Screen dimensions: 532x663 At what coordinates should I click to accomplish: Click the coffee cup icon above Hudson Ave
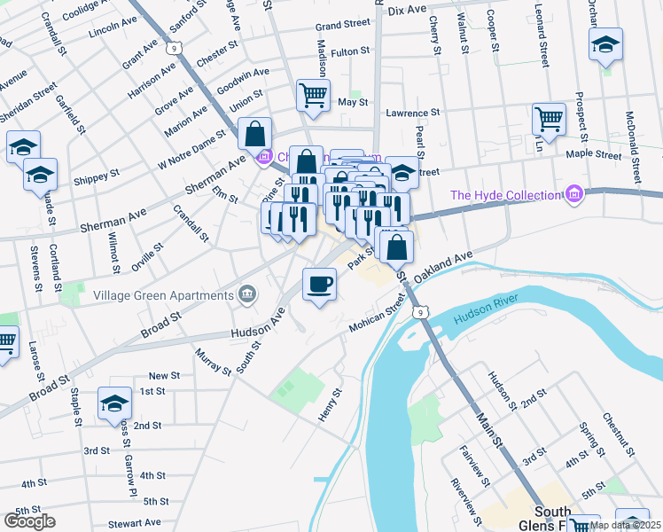[x=319, y=285]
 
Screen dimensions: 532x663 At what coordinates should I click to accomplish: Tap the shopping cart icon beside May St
[x=313, y=95]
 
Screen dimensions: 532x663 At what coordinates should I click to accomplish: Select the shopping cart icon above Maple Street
[x=549, y=119]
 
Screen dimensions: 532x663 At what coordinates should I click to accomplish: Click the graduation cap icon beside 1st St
[x=114, y=403]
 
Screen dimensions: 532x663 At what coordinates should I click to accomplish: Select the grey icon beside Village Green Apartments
[x=246, y=294]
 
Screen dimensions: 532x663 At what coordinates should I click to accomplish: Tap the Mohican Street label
[x=382, y=317]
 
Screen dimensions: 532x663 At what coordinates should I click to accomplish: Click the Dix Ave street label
[x=408, y=9]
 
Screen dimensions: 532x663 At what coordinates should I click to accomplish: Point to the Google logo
[x=29, y=521]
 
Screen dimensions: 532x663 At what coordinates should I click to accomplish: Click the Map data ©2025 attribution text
[x=626, y=526]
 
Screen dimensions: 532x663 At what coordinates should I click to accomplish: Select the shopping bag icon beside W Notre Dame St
[x=254, y=136]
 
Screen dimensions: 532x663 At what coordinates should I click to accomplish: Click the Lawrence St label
[x=412, y=113]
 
